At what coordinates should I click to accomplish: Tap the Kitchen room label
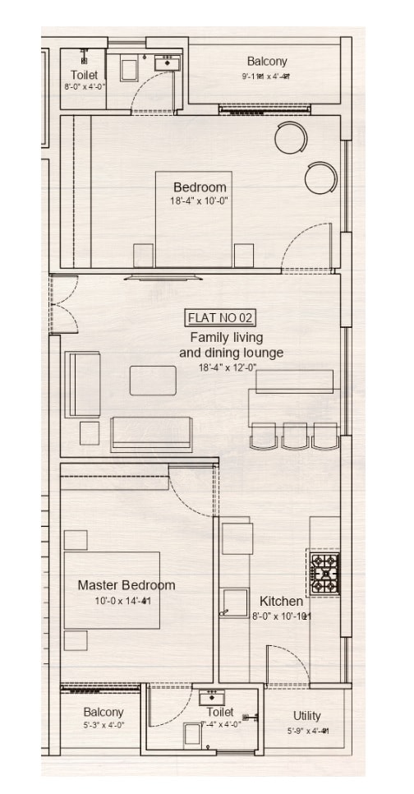point(281,601)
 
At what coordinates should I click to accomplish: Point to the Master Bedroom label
point(126,585)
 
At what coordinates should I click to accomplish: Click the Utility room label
point(307,716)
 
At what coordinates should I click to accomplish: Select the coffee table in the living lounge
point(153,381)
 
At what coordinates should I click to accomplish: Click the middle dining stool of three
point(294,435)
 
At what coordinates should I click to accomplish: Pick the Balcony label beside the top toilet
point(267,62)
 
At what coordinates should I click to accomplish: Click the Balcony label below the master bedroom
point(103,712)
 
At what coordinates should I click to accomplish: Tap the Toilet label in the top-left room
point(83,75)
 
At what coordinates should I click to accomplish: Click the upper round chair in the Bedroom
point(291,137)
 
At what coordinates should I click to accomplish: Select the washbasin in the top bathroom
point(168,62)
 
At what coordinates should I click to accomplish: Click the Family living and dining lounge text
point(231,345)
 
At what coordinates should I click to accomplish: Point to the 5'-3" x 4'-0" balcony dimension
point(103,725)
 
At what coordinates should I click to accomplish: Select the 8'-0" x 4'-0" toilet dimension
point(83,86)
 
